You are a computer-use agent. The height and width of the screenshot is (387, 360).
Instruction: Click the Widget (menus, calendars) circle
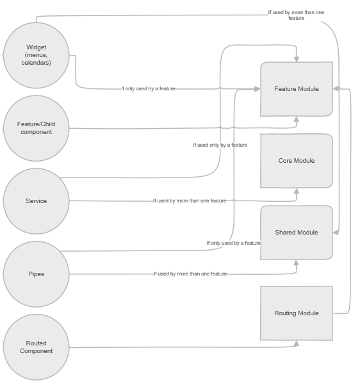coord(36,55)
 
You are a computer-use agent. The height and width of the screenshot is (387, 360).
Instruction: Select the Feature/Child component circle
coord(36,128)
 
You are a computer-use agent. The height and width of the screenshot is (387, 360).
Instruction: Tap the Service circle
coord(36,201)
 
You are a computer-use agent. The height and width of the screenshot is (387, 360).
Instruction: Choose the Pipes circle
coord(36,274)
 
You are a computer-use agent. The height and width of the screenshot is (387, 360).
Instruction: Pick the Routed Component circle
coord(36,347)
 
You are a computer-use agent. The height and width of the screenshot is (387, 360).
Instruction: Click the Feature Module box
coord(296,89)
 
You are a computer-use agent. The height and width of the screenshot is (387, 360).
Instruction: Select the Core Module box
coord(296,161)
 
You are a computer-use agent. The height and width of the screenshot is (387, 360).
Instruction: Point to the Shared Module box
coord(296,233)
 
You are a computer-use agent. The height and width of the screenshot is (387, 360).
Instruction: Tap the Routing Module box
coord(296,313)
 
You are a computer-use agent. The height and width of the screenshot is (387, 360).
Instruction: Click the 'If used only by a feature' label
coord(220,145)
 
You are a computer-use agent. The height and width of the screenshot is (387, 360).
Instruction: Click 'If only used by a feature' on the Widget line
coord(148,88)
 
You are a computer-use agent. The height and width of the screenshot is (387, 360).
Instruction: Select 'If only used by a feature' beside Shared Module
coord(233,243)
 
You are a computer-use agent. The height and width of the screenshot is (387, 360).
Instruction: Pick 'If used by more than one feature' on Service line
coord(190,201)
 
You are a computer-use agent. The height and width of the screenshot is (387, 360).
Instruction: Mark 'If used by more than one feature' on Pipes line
coord(190,274)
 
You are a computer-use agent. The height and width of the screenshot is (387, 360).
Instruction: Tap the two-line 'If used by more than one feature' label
coord(296,15)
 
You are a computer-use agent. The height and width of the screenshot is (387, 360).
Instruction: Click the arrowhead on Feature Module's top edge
coord(296,59)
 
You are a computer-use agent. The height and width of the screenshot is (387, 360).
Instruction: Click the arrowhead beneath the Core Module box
coord(296,191)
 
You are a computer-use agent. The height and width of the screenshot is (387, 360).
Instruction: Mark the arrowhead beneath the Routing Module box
coord(296,343)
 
